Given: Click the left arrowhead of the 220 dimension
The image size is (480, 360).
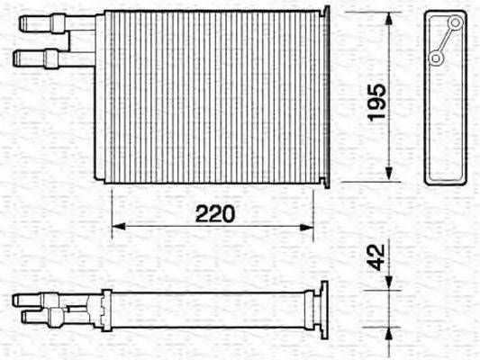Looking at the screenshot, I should pos(115,225).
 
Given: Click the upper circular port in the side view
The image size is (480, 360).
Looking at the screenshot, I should pos(454,22).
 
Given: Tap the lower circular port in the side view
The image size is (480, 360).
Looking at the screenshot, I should pos(436,58).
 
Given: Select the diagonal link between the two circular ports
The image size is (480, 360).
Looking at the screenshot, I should pos(445,40).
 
